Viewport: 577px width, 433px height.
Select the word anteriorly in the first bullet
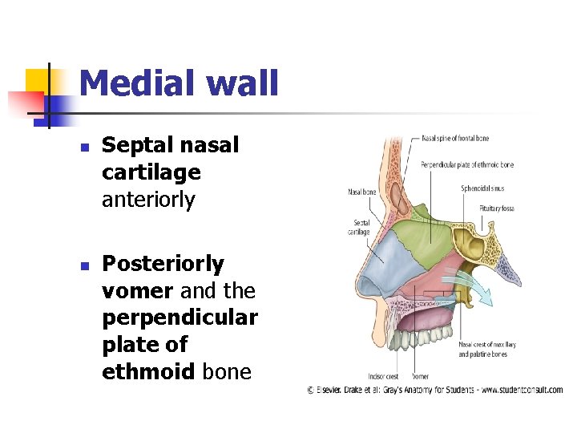point(148,200)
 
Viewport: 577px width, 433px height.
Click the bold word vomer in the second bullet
point(136,290)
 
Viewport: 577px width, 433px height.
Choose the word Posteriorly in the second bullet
point(163,264)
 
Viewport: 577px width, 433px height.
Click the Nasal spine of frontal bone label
point(454,139)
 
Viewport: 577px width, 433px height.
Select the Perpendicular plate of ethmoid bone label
point(466,164)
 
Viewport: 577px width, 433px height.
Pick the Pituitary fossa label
point(497,208)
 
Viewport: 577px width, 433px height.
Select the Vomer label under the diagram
point(420,375)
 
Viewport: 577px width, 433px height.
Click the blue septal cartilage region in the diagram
point(387,261)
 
